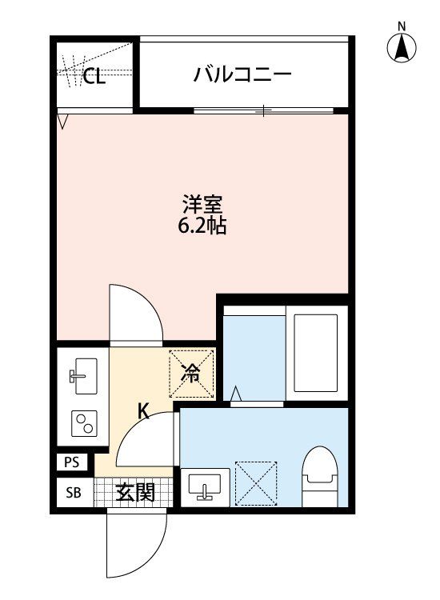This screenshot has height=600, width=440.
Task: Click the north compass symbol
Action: pos(402,48)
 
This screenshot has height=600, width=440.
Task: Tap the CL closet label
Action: pos(94,77)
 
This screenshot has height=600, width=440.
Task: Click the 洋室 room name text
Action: pos(202,203)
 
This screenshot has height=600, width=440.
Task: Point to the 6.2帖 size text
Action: pos(202,226)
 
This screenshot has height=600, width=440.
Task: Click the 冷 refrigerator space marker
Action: pos(191,372)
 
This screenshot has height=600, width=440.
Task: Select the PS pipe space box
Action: pos(72,462)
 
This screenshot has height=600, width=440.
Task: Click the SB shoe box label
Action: pos(72,493)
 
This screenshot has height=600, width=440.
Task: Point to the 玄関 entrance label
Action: pos(135,493)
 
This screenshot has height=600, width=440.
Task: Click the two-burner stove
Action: pos(82,422)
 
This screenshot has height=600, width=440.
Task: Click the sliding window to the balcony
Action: pos(264,110)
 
